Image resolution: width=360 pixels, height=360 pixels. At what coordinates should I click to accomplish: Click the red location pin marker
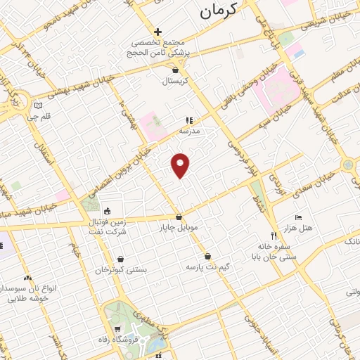click(181, 165)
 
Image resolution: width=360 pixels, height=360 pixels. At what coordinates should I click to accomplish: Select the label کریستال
click(176, 82)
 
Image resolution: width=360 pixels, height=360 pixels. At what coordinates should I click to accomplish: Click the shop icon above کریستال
click(176, 70)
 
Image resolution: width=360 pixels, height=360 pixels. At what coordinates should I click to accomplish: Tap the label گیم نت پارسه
click(207, 267)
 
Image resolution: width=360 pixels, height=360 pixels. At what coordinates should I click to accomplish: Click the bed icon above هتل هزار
click(298, 217)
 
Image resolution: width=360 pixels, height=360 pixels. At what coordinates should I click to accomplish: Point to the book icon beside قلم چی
click(39, 106)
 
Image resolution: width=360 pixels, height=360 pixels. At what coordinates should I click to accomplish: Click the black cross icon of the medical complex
click(158, 32)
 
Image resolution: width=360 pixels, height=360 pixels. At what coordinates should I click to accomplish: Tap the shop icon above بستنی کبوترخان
click(122, 259)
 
